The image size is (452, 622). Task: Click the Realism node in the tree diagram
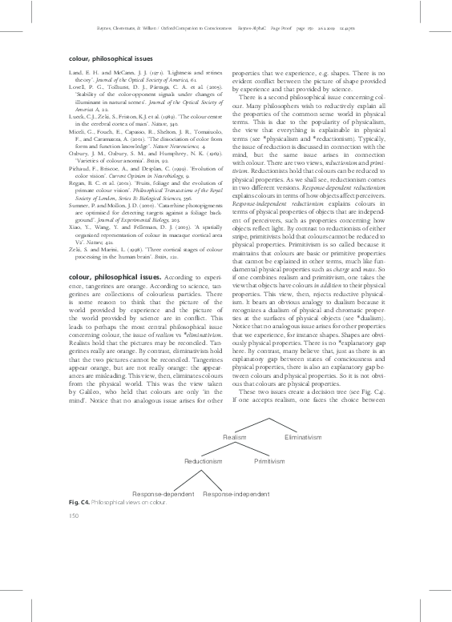point(234,437)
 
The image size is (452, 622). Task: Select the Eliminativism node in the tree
point(302,437)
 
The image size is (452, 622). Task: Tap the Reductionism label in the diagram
point(203,461)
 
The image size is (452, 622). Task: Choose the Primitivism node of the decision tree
point(269,461)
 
